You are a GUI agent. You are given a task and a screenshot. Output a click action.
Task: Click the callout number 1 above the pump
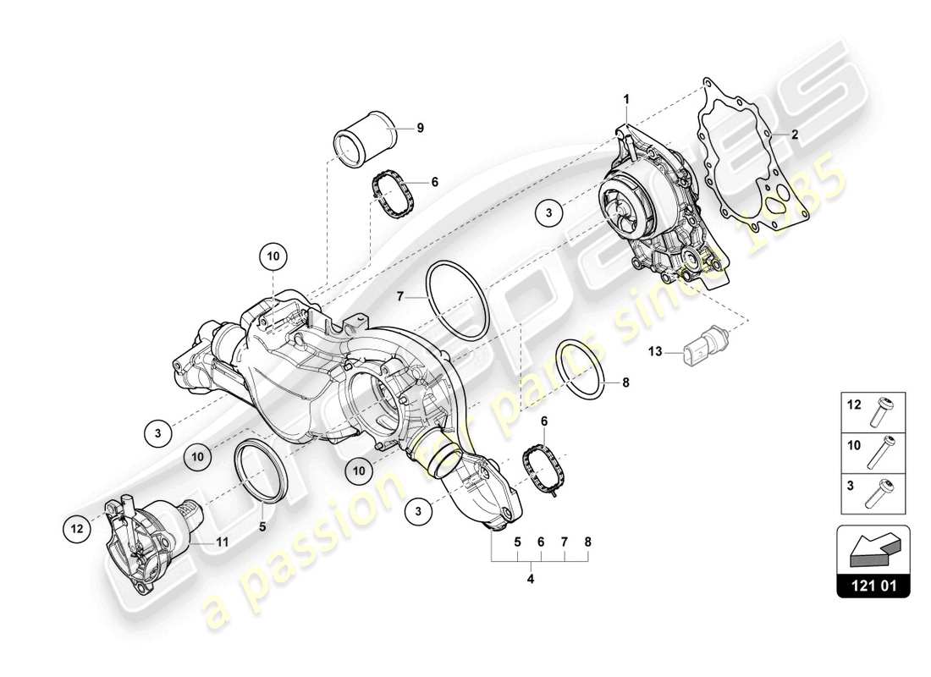pyautogui.click(x=627, y=100)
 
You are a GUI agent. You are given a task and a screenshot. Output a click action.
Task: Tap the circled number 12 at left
pyautogui.click(x=76, y=529)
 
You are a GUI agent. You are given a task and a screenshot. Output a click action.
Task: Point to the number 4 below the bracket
pyautogui.click(x=531, y=580)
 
